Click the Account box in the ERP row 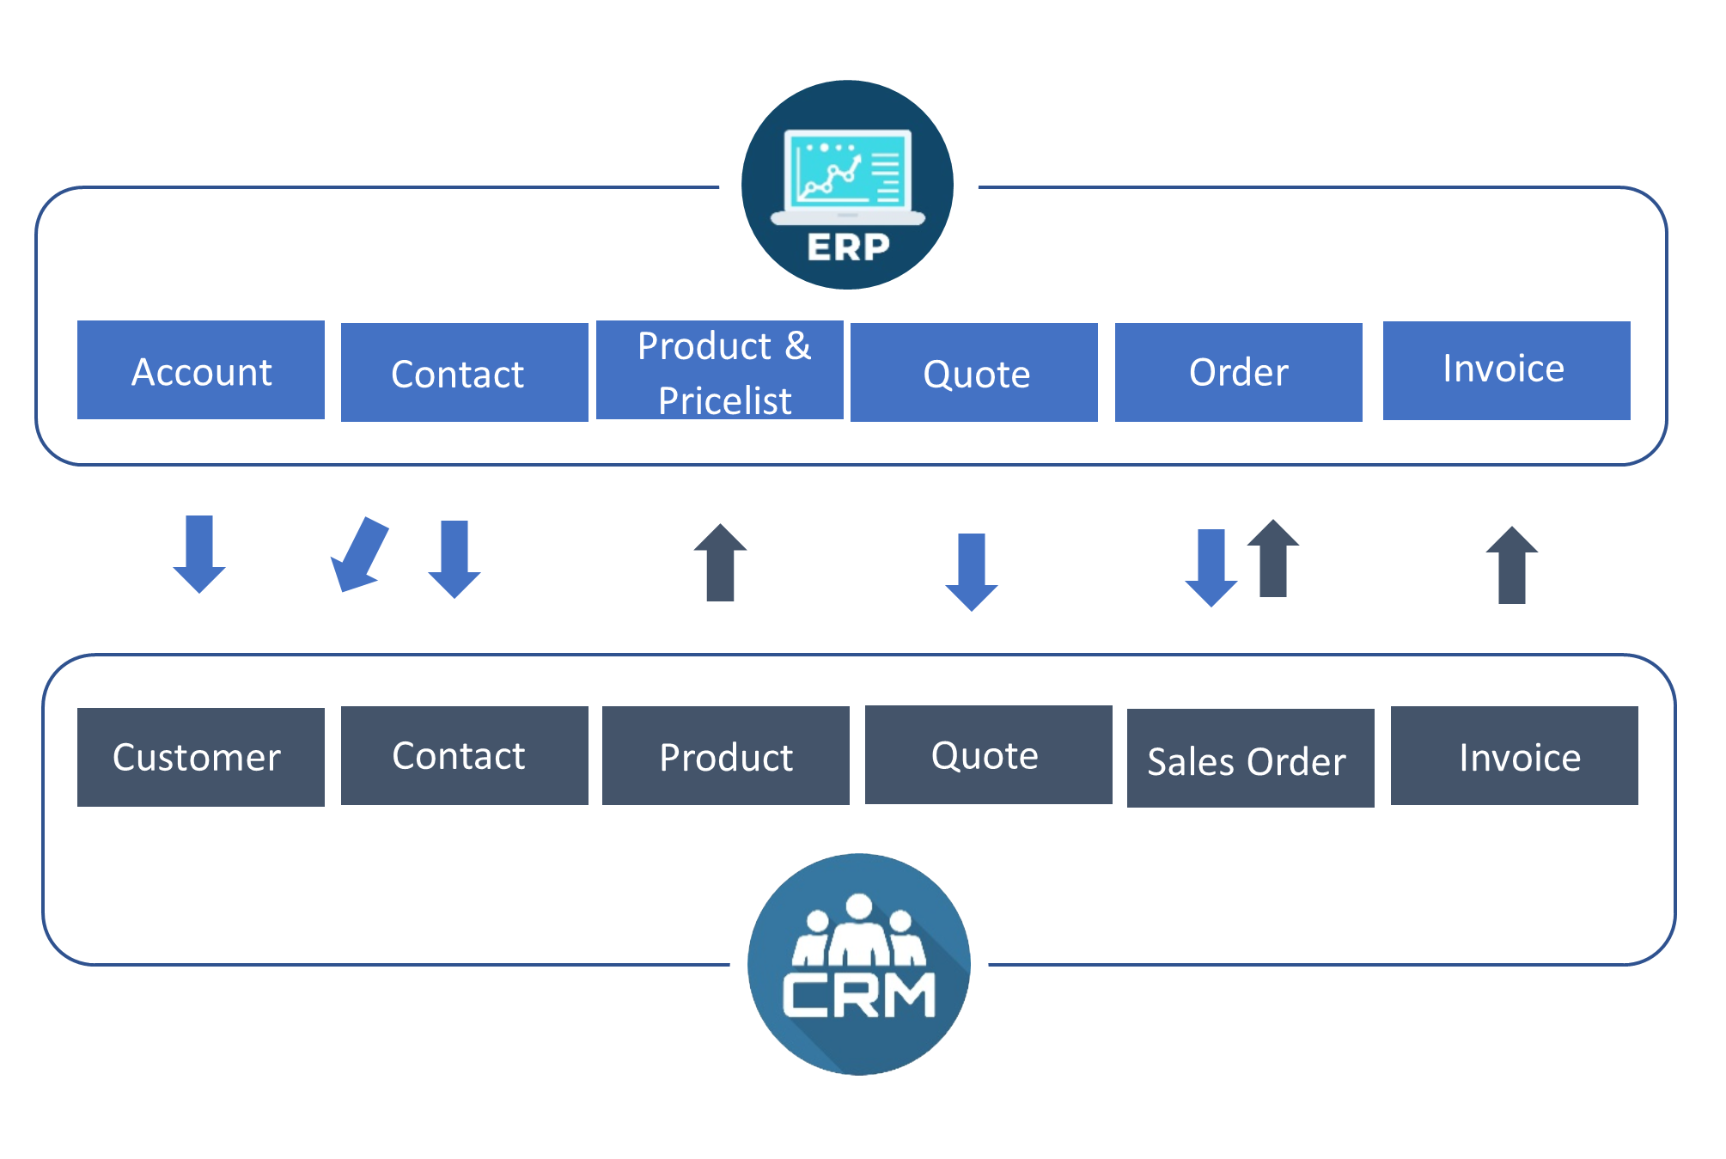tap(200, 370)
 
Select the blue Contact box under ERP tap(464, 373)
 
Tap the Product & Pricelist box tap(719, 370)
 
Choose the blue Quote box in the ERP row tap(973, 373)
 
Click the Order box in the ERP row tap(1238, 373)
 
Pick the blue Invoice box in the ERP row tap(1506, 370)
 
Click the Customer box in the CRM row tap(200, 757)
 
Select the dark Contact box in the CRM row tap(464, 755)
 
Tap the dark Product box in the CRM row tap(725, 755)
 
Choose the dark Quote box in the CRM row tap(988, 754)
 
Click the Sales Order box tap(1250, 758)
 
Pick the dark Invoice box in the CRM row tap(1514, 755)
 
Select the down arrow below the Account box tap(199, 554)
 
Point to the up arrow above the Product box tap(720, 563)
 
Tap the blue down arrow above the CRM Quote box tap(971, 571)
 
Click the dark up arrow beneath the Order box tap(1272, 558)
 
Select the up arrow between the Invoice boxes tap(1511, 565)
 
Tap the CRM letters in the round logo tap(858, 995)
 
